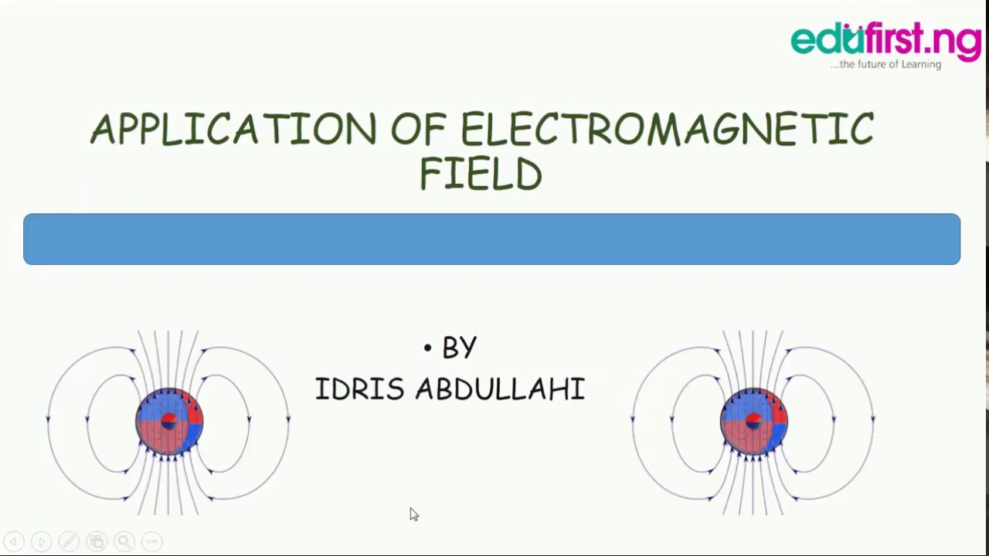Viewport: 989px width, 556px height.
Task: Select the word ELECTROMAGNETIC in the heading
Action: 667,129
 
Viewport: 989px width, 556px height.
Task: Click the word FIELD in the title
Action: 481,175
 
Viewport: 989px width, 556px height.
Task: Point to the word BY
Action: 460,348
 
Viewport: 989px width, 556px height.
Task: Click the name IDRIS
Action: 359,388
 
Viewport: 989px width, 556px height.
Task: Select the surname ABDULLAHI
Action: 500,388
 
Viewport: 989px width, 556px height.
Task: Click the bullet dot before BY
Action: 427,348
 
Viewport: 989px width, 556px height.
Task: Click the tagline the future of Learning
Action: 885,65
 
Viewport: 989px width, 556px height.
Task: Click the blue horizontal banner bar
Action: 491,239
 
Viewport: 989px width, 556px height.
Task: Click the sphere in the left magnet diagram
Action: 169,422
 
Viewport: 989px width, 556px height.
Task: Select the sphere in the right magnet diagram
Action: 753,422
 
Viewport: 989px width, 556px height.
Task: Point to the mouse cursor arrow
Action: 413,514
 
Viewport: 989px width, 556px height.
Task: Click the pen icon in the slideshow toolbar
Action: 69,541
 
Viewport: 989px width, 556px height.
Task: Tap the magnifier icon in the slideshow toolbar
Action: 124,541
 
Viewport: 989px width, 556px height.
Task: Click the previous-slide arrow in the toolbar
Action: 13,541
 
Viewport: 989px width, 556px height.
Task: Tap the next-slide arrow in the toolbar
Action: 41,541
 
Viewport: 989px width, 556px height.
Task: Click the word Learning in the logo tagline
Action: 921,65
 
